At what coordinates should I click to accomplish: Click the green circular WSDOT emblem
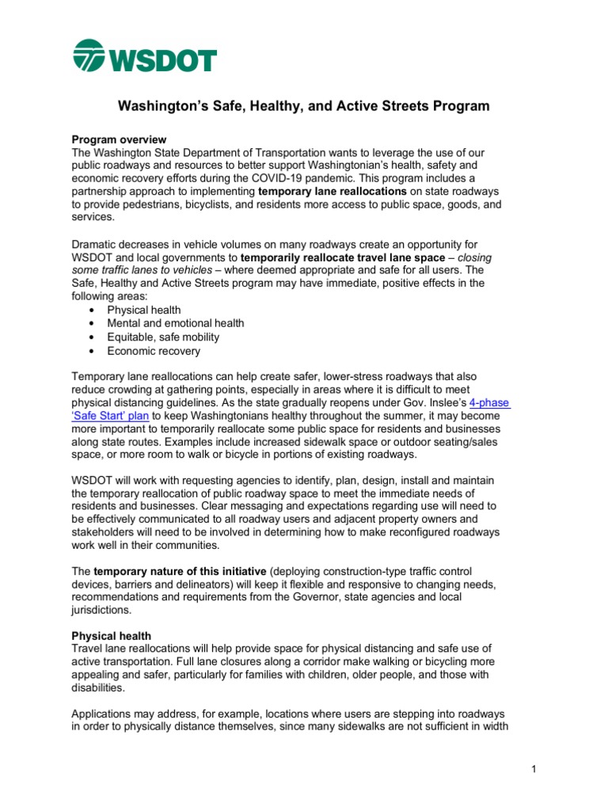89,56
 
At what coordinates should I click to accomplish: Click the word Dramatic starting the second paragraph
97,246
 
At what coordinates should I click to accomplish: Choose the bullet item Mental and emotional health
176,323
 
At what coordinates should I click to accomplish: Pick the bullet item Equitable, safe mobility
164,337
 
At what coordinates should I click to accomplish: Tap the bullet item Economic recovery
154,351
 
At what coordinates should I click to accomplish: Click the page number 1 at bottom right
535,769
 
